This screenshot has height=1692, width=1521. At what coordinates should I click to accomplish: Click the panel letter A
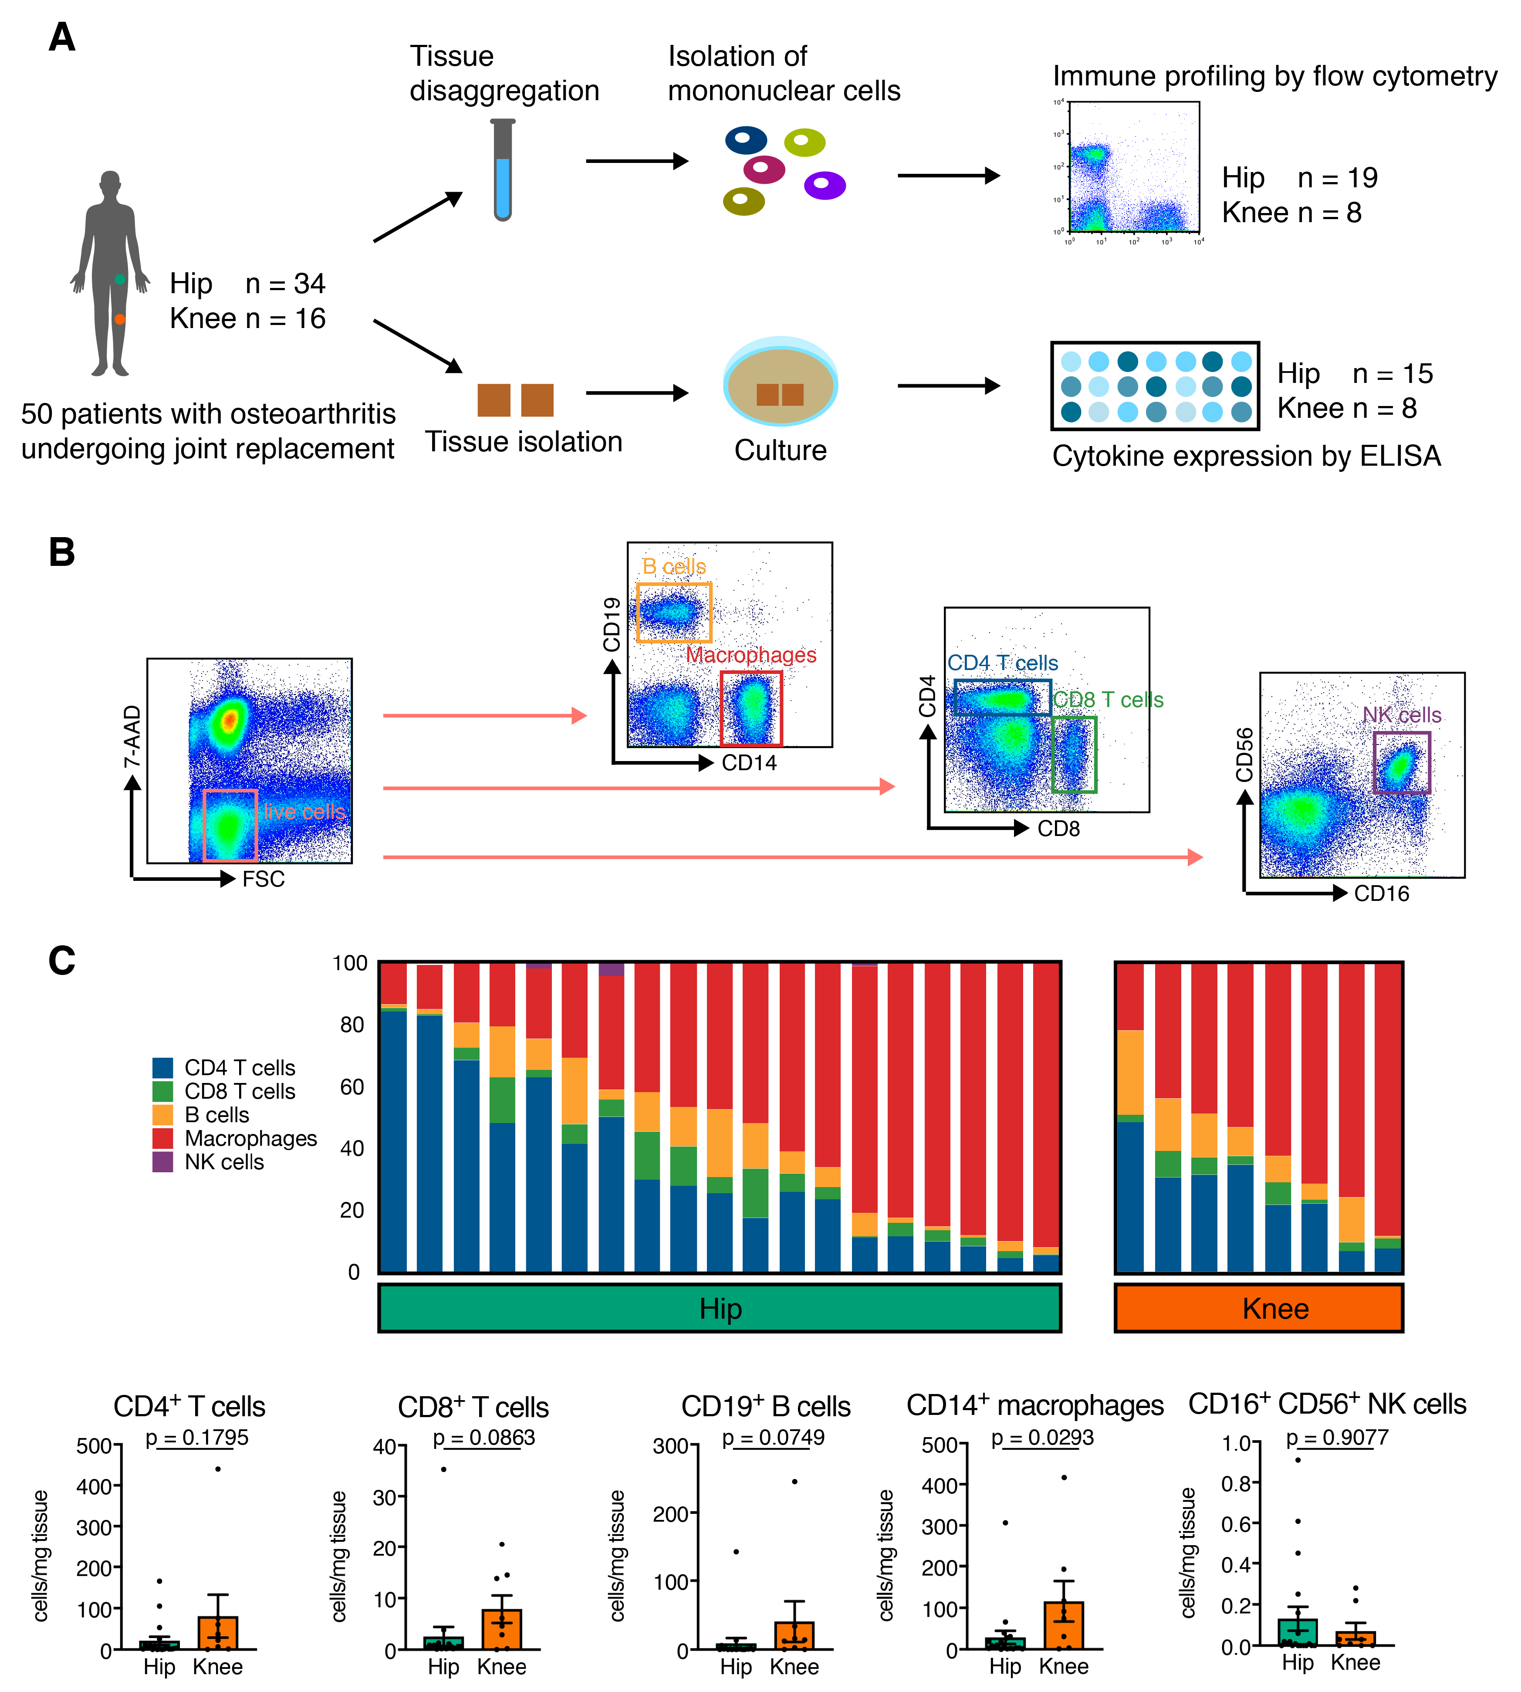62,37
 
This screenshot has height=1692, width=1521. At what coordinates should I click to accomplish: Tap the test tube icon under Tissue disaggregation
502,170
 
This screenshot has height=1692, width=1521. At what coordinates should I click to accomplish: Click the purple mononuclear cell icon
824,185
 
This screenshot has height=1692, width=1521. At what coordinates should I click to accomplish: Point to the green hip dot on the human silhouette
119,279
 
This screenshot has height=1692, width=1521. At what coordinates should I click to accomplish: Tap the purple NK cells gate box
1402,762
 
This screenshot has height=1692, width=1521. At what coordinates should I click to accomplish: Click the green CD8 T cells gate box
1074,754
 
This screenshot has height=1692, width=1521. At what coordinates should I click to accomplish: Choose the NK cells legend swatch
163,1162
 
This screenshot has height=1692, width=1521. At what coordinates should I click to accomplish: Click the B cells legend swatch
163,1114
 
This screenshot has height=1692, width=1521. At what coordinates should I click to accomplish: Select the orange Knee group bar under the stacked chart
1259,1308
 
